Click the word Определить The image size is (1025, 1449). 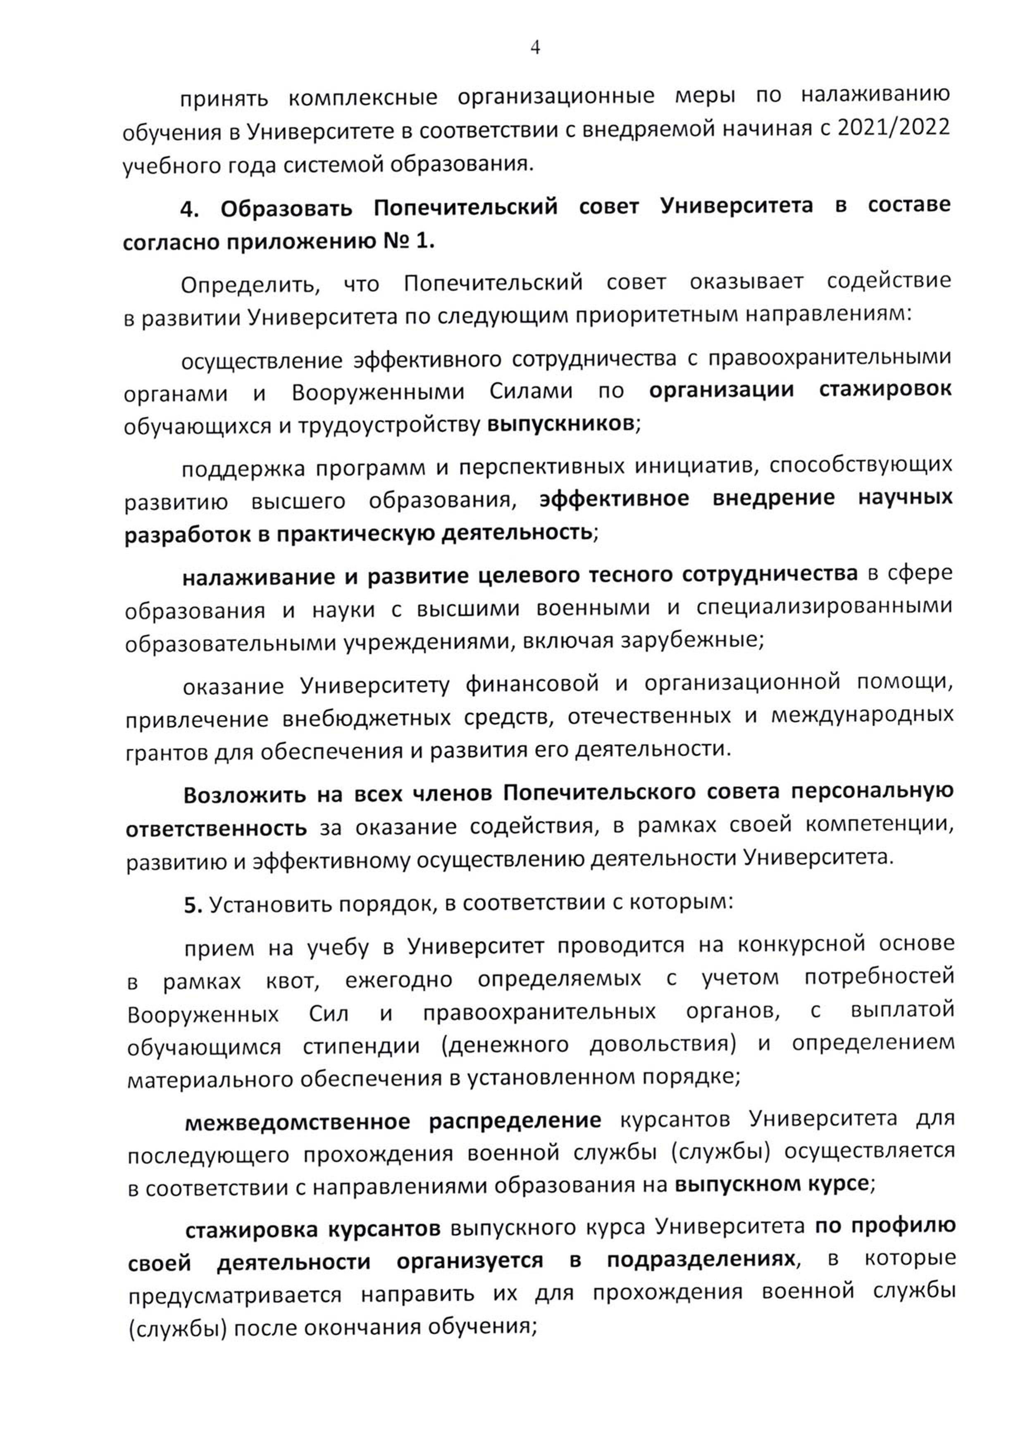point(250,285)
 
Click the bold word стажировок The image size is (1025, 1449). point(885,390)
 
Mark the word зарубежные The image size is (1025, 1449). point(691,641)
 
